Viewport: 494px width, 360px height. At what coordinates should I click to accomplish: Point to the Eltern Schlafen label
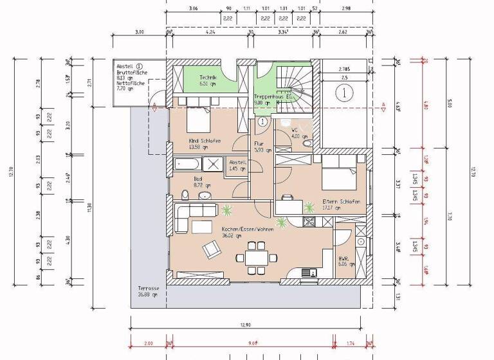pos(340,201)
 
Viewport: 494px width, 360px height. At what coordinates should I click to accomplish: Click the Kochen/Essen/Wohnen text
pos(247,229)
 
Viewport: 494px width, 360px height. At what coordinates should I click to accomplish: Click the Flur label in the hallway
pos(259,144)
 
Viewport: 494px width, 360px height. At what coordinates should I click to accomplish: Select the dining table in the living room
pos(258,256)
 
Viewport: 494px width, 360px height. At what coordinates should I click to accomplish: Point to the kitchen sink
pos(312,272)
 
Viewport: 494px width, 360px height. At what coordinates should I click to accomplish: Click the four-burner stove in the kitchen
pos(307,222)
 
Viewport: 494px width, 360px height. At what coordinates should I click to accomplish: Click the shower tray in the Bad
pos(214,164)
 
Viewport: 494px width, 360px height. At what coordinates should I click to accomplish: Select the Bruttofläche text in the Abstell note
pos(133,73)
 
